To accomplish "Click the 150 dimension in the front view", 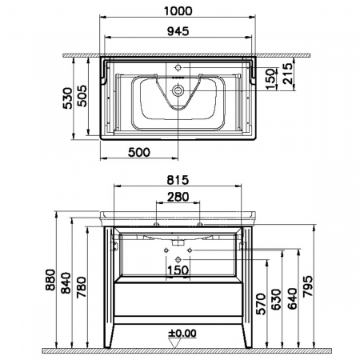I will pos(178,270).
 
